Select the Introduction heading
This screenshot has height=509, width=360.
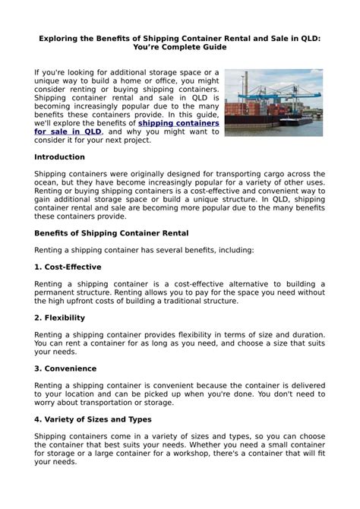60,157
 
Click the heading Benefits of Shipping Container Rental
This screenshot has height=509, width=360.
111,232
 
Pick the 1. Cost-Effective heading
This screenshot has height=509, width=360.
68,267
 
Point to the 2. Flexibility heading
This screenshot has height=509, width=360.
59,318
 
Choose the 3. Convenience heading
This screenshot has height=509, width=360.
65,368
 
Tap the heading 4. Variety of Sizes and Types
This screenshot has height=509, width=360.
105,418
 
